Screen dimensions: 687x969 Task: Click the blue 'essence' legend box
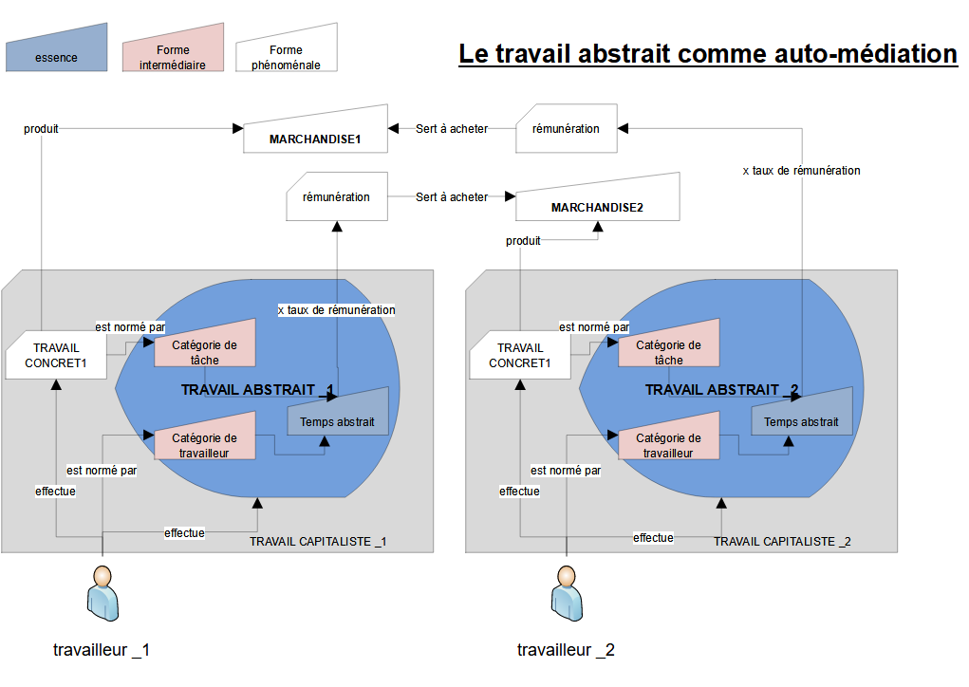pyautogui.click(x=56, y=50)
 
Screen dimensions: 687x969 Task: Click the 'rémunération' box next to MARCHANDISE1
pyautogui.click(x=566, y=129)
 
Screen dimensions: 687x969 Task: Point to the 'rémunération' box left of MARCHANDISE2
pyautogui.click(x=336, y=197)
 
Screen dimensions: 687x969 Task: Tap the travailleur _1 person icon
pyautogui.click(x=102, y=596)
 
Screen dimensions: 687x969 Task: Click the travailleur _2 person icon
pyautogui.click(x=567, y=596)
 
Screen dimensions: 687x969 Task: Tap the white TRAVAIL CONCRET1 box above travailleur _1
pyautogui.click(x=56, y=355)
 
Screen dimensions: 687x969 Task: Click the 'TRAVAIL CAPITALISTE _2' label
pyautogui.click(x=782, y=541)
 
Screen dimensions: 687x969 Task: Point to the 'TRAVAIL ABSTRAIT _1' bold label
pyautogui.click(x=256, y=389)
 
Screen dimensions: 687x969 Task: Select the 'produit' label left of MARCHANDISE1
pyautogui.click(x=41, y=129)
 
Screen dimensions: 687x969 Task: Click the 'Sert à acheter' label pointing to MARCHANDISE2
pyautogui.click(x=452, y=197)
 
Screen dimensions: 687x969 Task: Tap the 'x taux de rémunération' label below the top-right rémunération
pyautogui.click(x=801, y=171)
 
